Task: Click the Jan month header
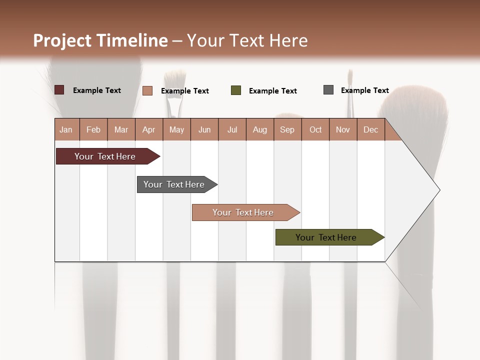(66, 129)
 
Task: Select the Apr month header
(148, 129)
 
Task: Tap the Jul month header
(232, 129)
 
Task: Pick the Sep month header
(287, 129)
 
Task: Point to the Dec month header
(370, 129)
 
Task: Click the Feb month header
(93, 129)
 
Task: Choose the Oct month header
(315, 129)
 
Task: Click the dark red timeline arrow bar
(105, 156)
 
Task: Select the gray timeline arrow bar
(174, 184)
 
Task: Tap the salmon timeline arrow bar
(243, 212)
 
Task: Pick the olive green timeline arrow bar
(326, 237)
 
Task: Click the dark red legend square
(59, 90)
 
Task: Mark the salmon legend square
(147, 90)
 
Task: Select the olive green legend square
(236, 90)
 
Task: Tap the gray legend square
(328, 90)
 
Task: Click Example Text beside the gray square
(364, 90)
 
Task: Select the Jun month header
(204, 129)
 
